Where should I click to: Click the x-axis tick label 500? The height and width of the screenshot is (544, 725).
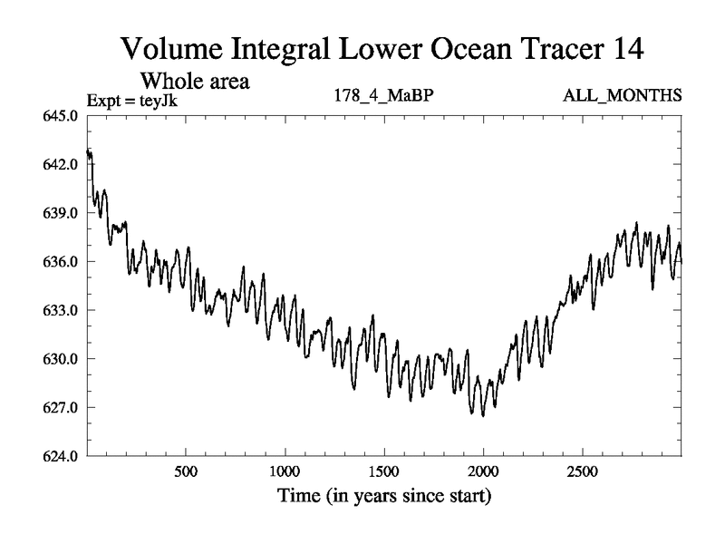pos(186,473)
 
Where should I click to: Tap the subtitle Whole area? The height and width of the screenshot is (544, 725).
pos(193,81)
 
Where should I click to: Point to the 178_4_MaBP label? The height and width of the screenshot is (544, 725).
pos(382,96)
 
